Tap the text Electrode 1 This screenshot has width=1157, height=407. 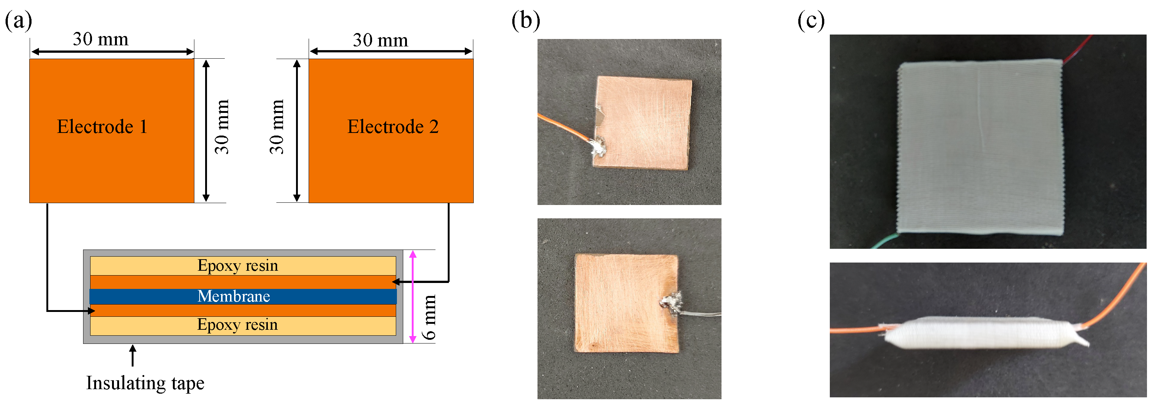(102, 127)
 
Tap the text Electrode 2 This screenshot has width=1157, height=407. (392, 127)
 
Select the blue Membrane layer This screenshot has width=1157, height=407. (243, 296)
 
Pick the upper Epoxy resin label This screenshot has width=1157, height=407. (238, 266)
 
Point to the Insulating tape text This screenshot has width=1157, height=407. (145, 383)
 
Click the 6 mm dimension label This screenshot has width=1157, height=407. (429, 317)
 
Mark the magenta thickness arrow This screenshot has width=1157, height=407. (413, 297)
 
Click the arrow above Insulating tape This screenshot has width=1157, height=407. (132, 355)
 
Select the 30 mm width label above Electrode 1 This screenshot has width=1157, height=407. (101, 40)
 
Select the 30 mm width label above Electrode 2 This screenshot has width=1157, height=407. (381, 40)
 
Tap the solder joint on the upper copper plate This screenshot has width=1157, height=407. (598, 147)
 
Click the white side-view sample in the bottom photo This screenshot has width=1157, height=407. (979, 334)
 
